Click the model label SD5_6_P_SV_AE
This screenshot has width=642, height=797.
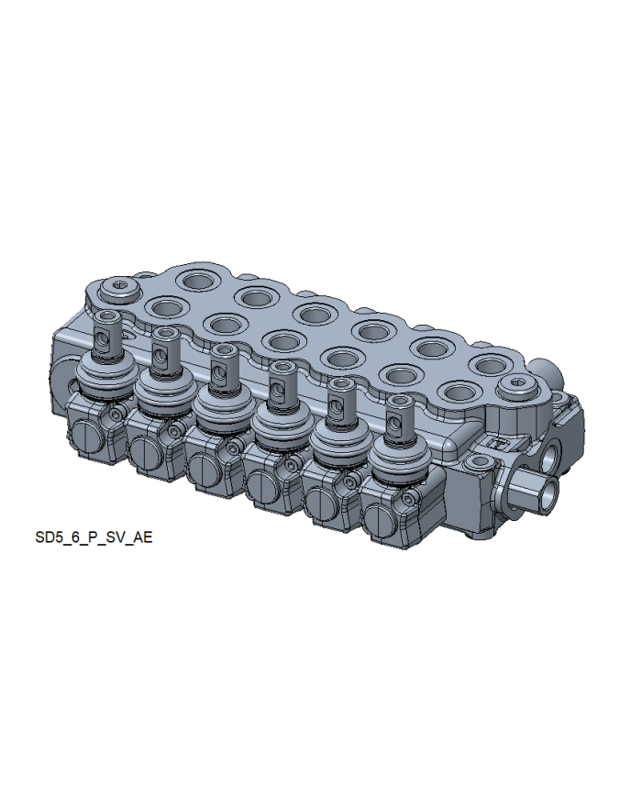(94, 537)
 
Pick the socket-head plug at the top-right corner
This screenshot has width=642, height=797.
(518, 386)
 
